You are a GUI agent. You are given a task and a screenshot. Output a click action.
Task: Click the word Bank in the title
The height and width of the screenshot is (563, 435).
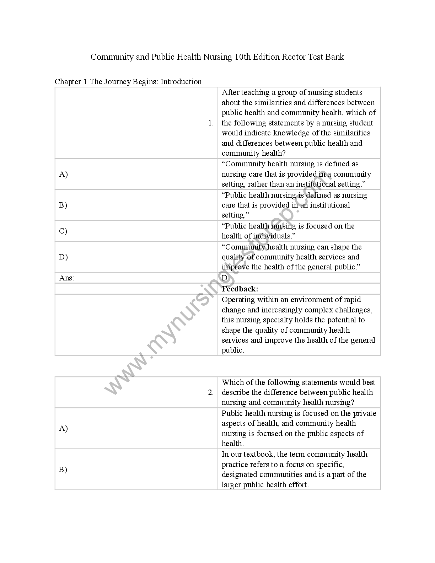coord(334,57)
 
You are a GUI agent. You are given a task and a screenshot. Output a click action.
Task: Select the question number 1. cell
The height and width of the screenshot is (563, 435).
coord(211,123)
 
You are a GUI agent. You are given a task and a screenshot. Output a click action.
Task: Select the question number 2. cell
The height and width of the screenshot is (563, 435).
coord(211,392)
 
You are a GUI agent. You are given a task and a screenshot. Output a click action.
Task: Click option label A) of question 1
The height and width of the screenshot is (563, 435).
coord(63,174)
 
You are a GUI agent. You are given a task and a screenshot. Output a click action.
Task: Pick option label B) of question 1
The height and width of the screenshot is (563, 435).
coord(63,205)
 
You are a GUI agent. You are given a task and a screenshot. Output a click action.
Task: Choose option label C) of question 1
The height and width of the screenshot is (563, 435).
coord(63,231)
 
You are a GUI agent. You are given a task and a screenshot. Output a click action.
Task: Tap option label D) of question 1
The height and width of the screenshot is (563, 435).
coord(63,257)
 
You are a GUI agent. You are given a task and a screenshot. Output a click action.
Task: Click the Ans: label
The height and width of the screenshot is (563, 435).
coord(66,278)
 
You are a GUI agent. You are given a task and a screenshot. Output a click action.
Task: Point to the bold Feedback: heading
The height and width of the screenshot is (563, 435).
coord(240,289)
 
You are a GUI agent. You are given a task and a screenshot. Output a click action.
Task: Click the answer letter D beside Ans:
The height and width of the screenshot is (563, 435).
coord(225,278)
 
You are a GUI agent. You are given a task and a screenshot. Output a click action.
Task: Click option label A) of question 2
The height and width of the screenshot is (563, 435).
coord(63,428)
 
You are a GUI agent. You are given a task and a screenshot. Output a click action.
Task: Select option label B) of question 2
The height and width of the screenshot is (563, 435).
coord(63,470)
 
